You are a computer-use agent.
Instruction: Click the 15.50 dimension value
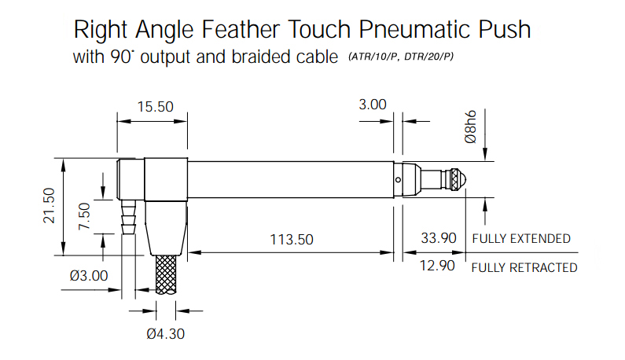pos(156,107)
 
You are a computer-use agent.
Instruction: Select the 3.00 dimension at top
pos(373,105)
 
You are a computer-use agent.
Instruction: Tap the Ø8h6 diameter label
pos(470,127)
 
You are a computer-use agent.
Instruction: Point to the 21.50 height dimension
pos(49,205)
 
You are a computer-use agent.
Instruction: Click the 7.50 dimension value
pos(84,216)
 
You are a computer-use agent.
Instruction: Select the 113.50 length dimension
pos(292,239)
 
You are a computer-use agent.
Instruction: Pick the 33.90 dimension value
pos(439,238)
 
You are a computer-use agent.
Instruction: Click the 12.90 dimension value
pos(437,266)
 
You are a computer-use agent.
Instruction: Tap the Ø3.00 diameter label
pos(89,275)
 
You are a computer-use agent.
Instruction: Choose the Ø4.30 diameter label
pos(165,334)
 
